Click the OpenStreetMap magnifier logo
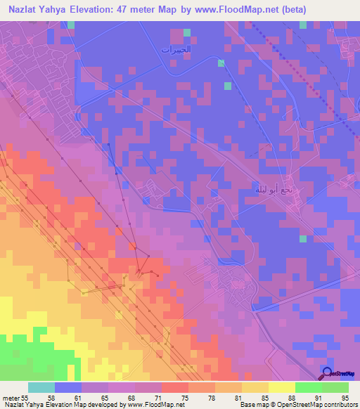[x=328, y=372]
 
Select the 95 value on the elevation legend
[x=345, y=397]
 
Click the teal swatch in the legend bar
[x=41, y=387]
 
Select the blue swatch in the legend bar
[x=67, y=387]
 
